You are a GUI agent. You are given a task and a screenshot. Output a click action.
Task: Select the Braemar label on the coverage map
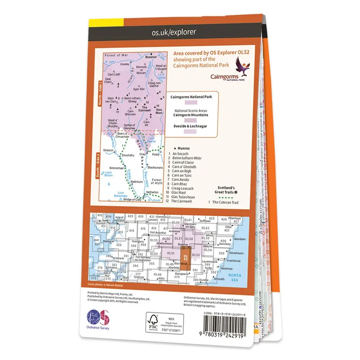click(151, 58)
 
